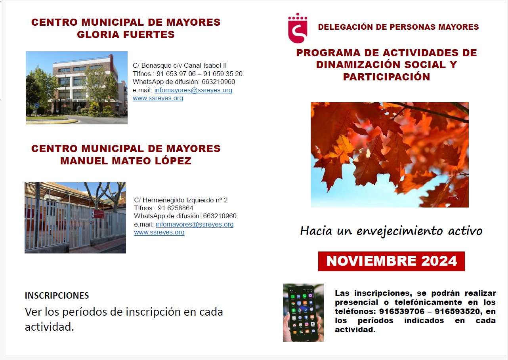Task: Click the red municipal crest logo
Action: (297, 28)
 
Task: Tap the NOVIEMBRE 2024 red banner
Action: (391, 261)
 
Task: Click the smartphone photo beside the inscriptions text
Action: (303, 312)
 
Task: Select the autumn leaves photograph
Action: (390, 154)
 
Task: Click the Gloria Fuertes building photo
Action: (76, 88)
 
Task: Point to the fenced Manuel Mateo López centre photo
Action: (75, 217)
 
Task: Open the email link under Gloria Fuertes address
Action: (193, 90)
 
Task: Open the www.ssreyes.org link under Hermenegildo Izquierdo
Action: (159, 232)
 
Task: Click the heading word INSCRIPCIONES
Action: (57, 295)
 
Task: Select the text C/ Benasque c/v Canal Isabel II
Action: (180, 66)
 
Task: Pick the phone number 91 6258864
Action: (176, 208)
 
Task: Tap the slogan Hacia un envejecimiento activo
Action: (391, 231)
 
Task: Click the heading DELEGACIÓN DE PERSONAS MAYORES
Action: (398, 27)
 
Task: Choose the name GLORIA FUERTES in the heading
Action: (126, 35)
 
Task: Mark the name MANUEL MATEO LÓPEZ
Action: (126, 161)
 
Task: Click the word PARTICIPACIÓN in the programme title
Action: (386, 77)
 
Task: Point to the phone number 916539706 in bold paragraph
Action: (397, 311)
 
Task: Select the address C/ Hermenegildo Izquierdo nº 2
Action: (181, 200)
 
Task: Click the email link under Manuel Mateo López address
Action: (195, 224)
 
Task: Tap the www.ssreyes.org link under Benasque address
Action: (158, 98)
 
